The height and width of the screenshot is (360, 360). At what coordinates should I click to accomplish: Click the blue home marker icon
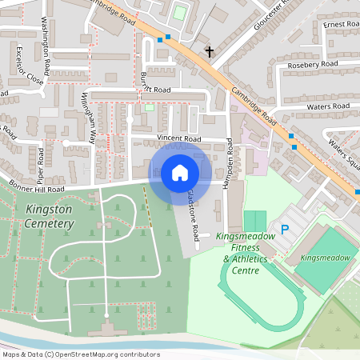[x=180, y=173]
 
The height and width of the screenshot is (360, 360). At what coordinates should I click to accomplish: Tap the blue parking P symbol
[x=285, y=230]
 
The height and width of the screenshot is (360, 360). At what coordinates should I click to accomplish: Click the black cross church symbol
[x=210, y=52]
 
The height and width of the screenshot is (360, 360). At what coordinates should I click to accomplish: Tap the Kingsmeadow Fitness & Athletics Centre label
[x=246, y=254]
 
